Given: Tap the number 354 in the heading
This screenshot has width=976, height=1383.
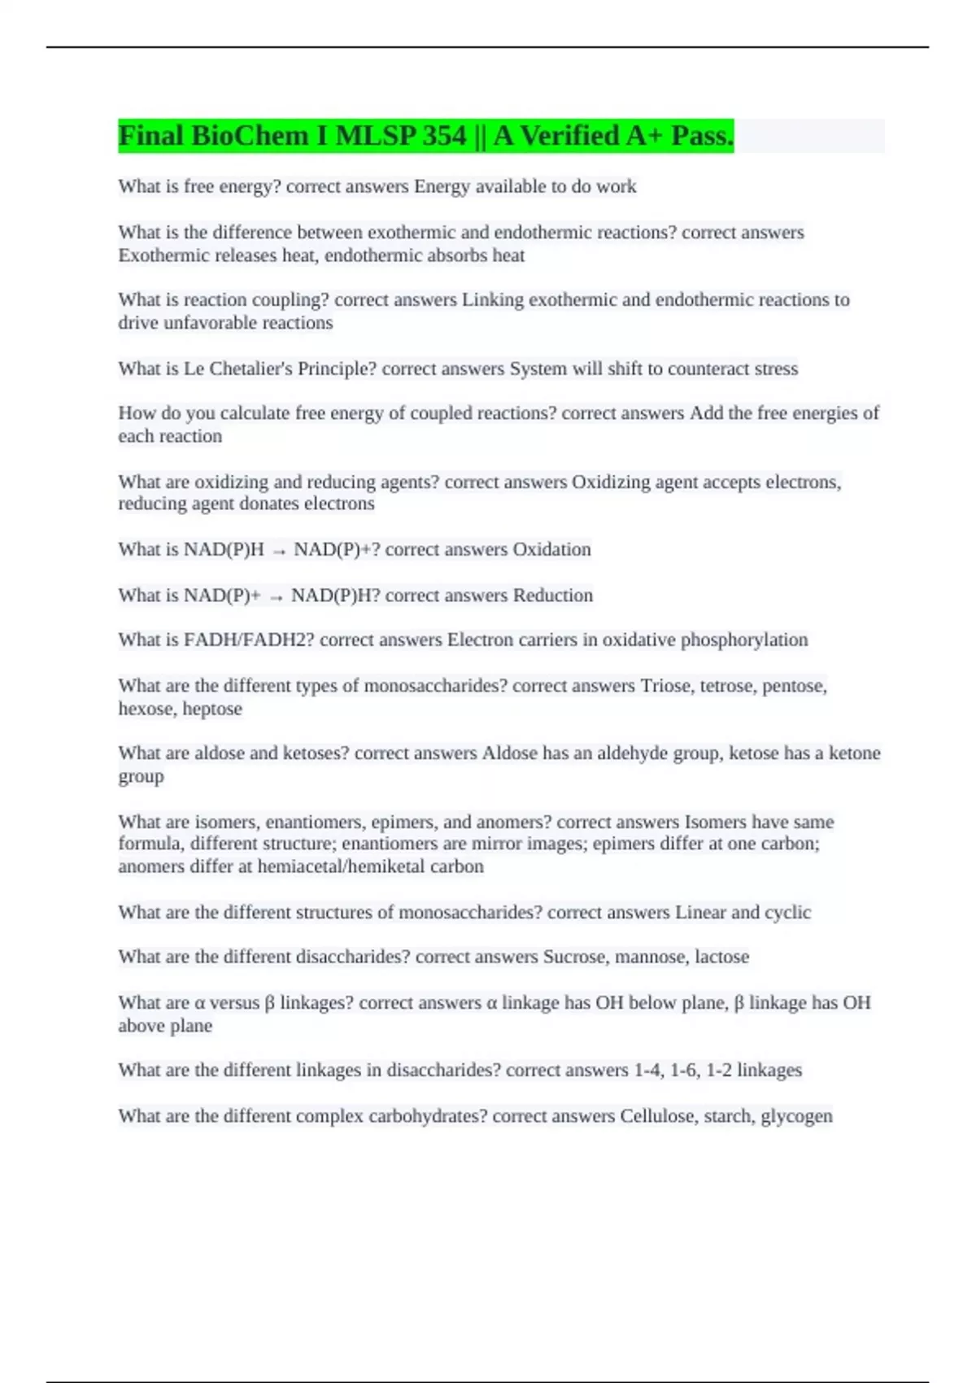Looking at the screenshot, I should click(x=444, y=136).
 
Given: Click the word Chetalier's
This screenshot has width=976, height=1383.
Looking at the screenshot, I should click(x=251, y=369).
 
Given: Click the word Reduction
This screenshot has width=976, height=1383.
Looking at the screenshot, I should click(x=552, y=596).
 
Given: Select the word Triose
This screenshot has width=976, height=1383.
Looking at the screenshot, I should click(x=665, y=686).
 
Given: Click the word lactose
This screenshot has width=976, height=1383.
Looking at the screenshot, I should click(x=721, y=957).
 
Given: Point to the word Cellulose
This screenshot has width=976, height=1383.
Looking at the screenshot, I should click(x=658, y=1115).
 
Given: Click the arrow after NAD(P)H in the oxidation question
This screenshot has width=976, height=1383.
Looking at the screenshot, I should click(x=279, y=552).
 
